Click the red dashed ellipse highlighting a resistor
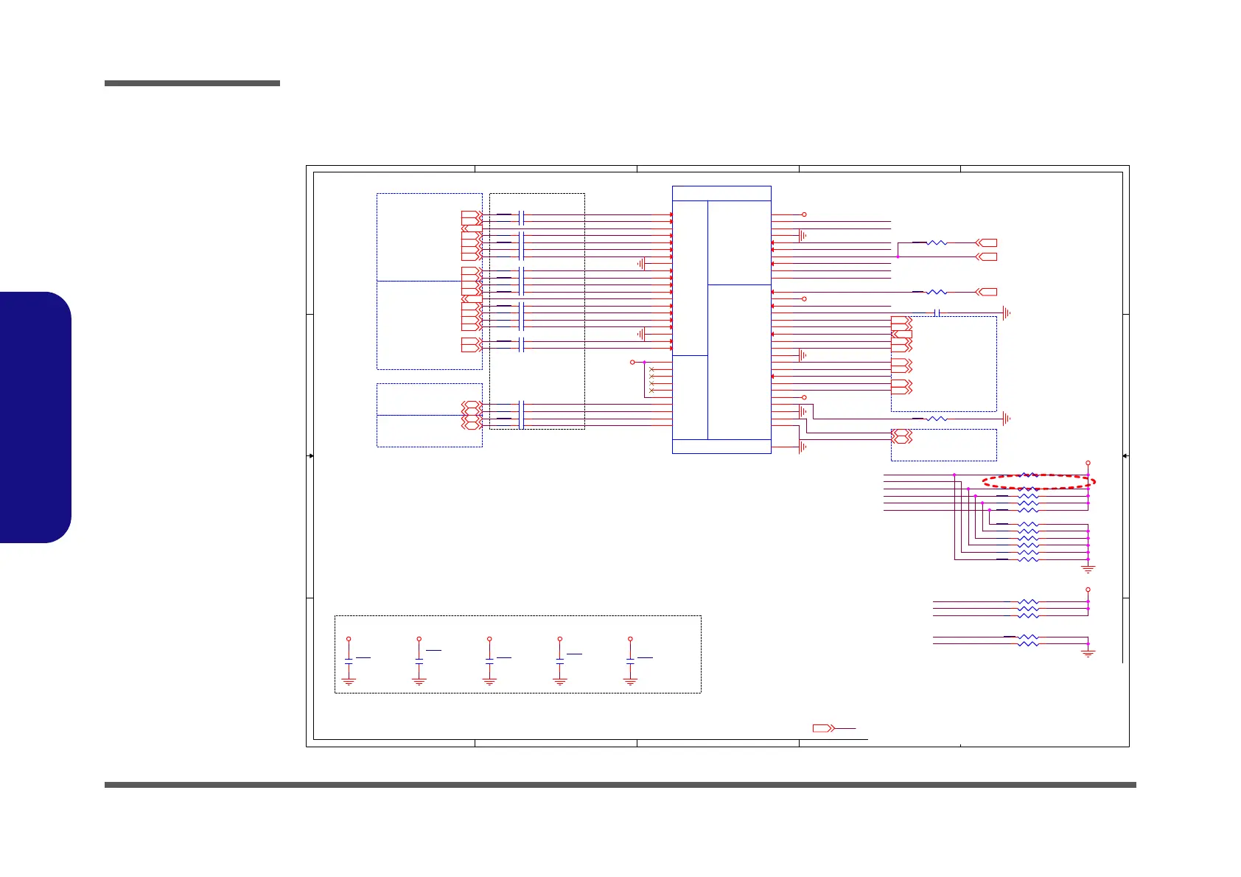click(x=1039, y=481)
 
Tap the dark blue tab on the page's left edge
click(x=35, y=417)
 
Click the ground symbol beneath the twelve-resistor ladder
click(x=1088, y=568)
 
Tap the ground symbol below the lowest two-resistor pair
click(x=1088, y=653)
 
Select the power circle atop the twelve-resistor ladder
click(x=1088, y=463)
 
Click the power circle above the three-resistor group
click(x=1088, y=590)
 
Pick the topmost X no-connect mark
click(x=651, y=369)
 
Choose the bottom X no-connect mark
click(x=651, y=391)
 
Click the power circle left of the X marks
click(x=632, y=363)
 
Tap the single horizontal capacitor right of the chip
click(x=937, y=313)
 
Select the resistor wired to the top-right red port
click(x=937, y=242)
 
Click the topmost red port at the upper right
click(x=986, y=242)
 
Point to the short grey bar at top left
click(x=192, y=83)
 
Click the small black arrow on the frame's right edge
click(x=1125, y=456)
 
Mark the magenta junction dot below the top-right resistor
click(x=898, y=256)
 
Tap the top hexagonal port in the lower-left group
click(x=472, y=405)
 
